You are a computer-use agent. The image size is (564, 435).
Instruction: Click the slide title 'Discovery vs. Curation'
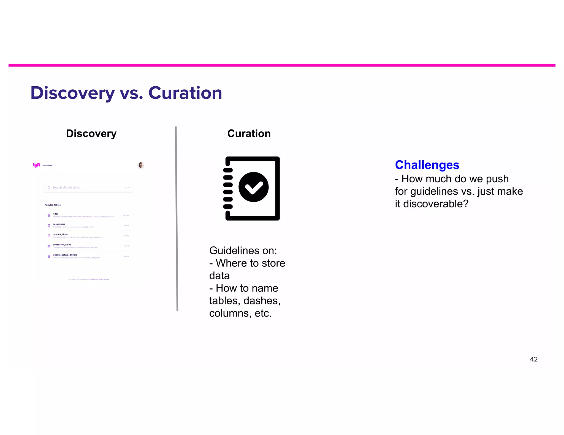[x=126, y=93]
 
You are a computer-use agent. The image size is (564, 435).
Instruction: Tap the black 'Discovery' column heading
[x=91, y=134]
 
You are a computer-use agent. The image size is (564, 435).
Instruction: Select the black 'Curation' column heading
[x=249, y=134]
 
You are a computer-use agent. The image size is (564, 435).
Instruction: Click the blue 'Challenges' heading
[x=427, y=165]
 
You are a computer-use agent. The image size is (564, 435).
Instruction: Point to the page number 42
[x=533, y=359]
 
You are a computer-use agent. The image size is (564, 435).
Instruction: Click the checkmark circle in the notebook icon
[x=253, y=187]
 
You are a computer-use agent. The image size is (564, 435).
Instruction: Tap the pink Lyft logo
[x=37, y=165]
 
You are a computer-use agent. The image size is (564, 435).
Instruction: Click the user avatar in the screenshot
[x=141, y=165]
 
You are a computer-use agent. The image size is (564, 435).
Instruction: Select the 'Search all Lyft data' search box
[x=89, y=188]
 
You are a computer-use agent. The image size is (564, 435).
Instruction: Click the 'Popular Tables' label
[x=53, y=205]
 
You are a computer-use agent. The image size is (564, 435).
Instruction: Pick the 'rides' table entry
[x=56, y=214]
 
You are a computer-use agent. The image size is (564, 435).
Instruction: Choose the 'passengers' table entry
[x=59, y=224]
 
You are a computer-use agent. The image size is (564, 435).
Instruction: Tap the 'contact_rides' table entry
[x=60, y=235]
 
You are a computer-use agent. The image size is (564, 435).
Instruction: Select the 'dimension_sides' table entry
[x=62, y=245]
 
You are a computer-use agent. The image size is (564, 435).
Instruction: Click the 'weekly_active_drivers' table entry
[x=65, y=255]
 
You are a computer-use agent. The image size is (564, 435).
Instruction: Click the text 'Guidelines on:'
[x=243, y=251]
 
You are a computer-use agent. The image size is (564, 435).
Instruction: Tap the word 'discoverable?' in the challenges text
[x=436, y=204]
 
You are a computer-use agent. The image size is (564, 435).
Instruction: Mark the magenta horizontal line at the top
[x=282, y=65]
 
